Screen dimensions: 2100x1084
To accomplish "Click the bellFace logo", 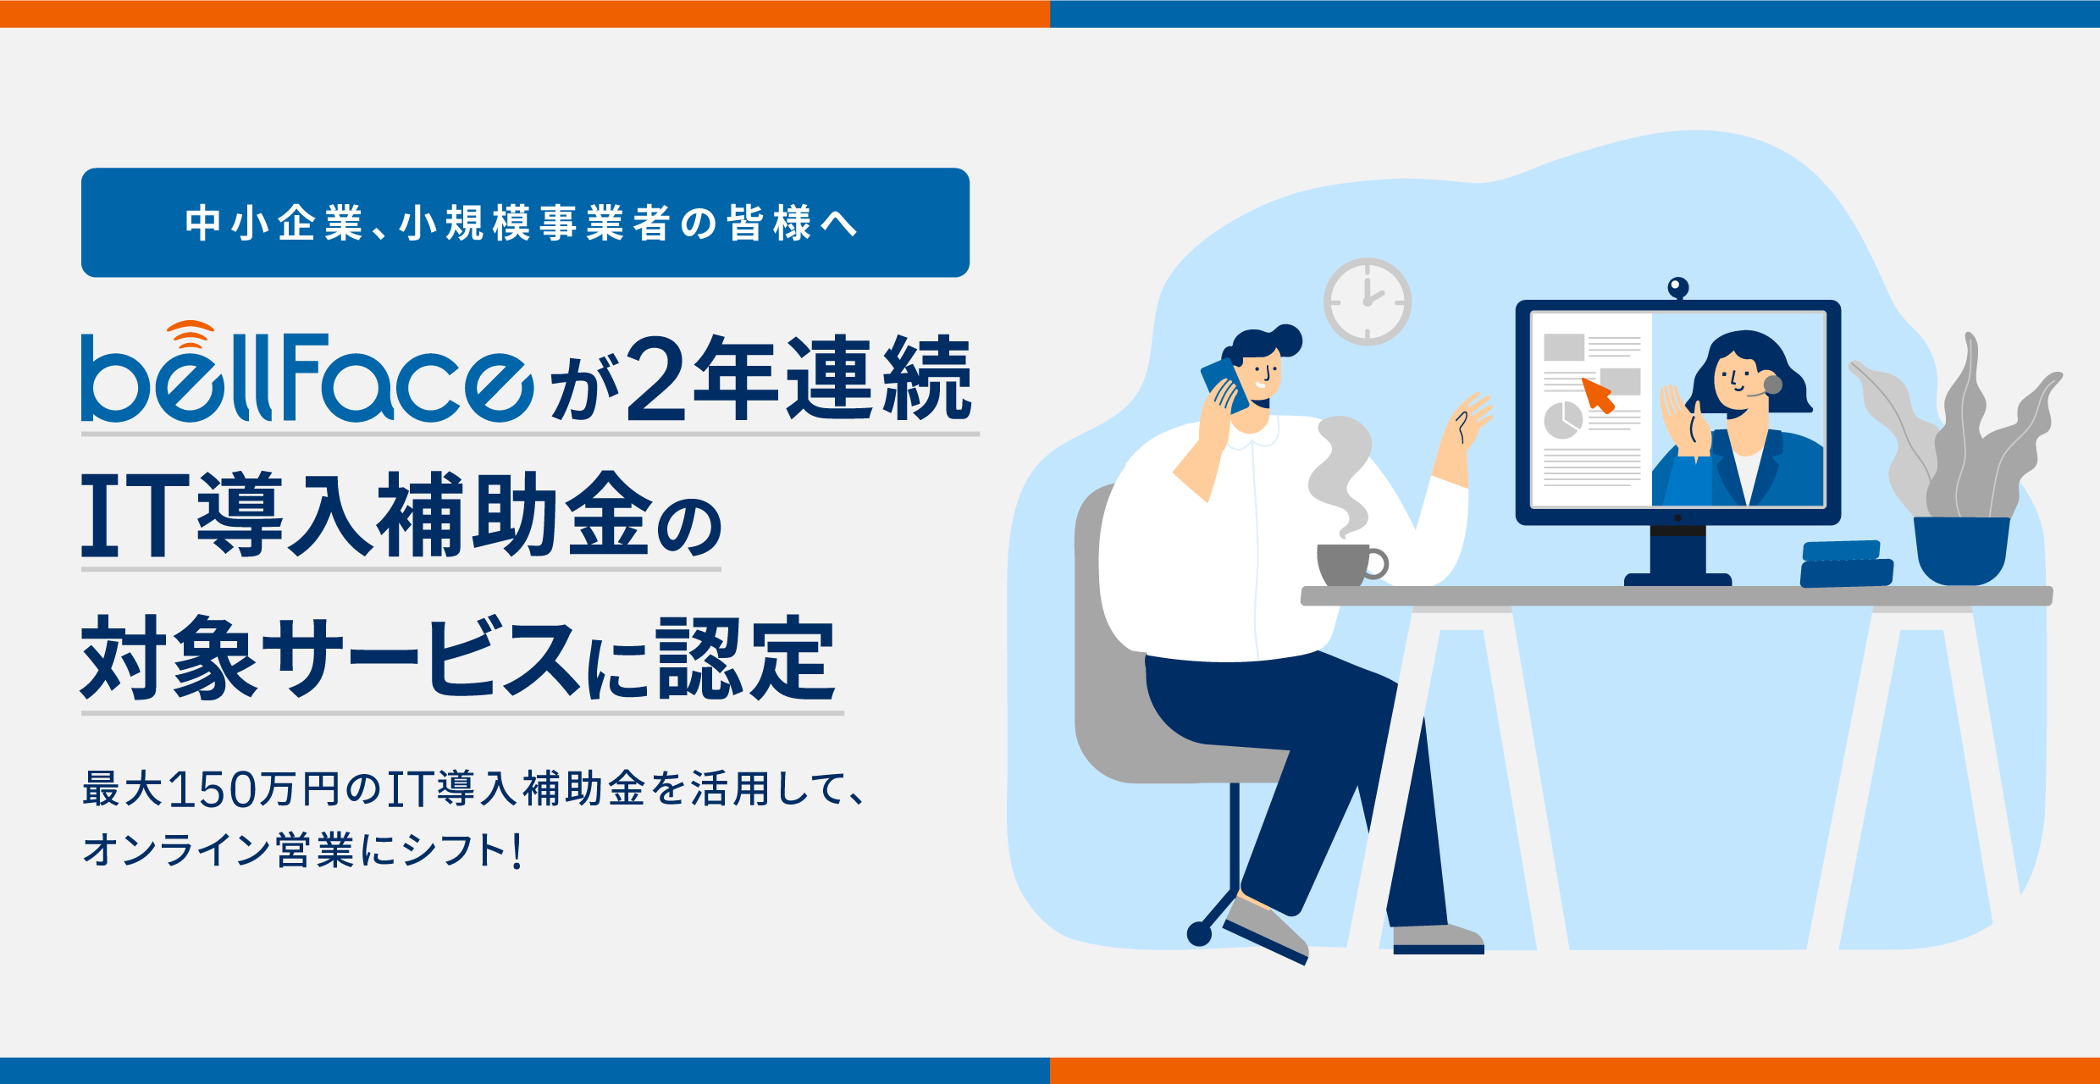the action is coord(307,373).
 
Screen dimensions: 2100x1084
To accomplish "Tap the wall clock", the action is coord(1368,301).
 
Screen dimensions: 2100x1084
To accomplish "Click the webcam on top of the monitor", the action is coord(1677,289).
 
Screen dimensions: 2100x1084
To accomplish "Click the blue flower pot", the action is coord(1961,550).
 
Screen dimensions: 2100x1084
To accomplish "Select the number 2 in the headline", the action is coord(655,378).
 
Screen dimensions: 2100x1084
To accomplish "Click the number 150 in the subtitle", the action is coord(213,789).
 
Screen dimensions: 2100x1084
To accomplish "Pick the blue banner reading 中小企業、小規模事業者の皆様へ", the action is coord(525,223).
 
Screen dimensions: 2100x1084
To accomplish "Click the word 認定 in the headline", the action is coord(746,658).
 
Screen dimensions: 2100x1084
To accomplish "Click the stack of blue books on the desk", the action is coord(1846,564).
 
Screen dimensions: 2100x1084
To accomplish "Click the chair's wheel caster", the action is coord(1199,933).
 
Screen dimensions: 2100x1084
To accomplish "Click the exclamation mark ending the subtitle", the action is coord(517,850).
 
